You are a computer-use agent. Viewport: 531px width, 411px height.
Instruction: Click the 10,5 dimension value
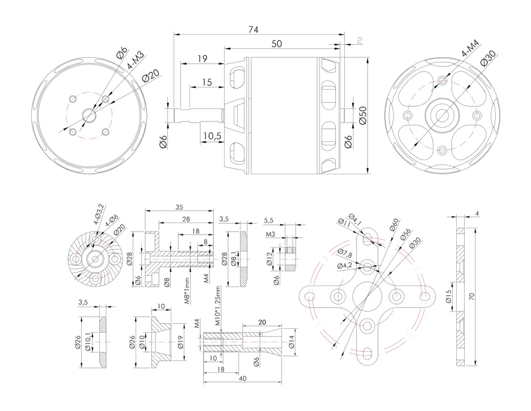(x=211, y=136)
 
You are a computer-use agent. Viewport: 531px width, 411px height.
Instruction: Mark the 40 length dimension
(x=243, y=379)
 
